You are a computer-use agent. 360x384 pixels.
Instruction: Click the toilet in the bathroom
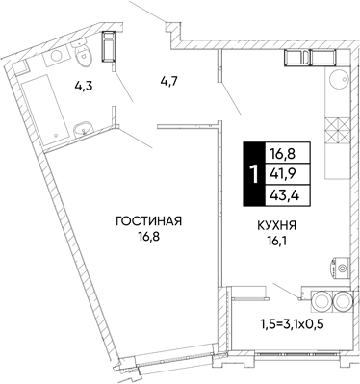[x=83, y=54]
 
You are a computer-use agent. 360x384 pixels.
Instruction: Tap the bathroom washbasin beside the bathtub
[x=84, y=130]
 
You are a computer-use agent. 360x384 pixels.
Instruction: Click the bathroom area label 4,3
[x=83, y=87]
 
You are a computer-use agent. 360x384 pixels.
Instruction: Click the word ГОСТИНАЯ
[x=149, y=221]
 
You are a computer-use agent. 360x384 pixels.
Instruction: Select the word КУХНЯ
[x=276, y=225]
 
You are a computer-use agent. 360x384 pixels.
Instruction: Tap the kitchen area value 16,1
[x=276, y=241]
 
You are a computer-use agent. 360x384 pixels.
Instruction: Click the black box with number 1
[x=254, y=173]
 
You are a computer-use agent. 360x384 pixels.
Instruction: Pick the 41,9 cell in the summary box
[x=288, y=174]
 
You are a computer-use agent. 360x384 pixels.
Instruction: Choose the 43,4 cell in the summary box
[x=288, y=195]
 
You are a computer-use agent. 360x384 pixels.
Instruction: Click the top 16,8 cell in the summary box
[x=288, y=153]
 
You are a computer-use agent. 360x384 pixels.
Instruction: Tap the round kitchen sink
[x=339, y=79]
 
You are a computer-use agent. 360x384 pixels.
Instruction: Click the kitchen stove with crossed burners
[x=337, y=130]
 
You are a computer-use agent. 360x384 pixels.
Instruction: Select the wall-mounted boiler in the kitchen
[x=341, y=268]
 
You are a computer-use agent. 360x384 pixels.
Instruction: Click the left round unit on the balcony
[x=321, y=301]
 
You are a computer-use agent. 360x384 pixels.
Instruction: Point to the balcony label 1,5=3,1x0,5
[x=292, y=324]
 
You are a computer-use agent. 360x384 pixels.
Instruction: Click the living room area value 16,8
[x=149, y=237]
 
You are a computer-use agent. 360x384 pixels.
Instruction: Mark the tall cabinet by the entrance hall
[x=109, y=46]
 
